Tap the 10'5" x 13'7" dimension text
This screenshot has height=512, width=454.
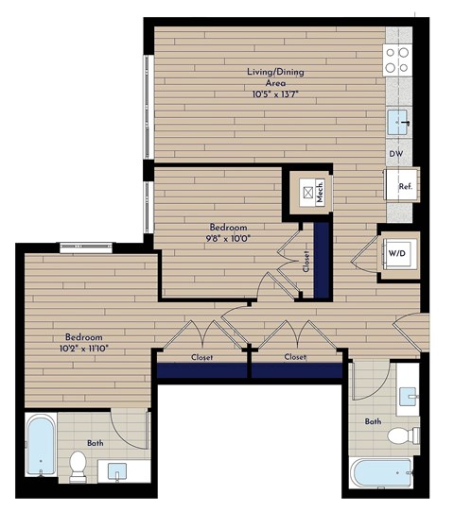275,94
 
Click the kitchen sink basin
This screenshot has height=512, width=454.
399,120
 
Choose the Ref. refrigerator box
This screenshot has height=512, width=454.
401,185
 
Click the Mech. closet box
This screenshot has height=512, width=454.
308,192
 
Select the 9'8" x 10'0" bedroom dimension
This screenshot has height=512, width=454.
228,239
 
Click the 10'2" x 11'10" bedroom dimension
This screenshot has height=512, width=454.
83,349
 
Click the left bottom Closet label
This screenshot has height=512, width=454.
201,358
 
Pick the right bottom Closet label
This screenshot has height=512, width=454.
295,358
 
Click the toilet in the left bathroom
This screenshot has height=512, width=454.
79,464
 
